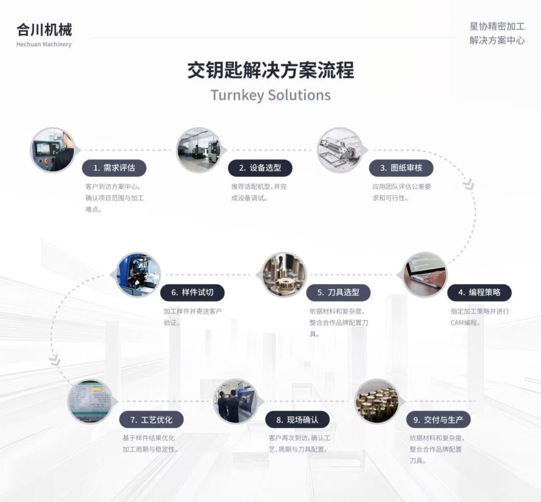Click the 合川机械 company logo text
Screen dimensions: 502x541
tap(44, 30)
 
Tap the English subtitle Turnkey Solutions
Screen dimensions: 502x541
tap(270, 95)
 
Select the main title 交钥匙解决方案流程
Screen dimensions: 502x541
tap(270, 70)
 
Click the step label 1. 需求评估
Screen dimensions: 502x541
tap(114, 168)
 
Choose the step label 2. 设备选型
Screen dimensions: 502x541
tap(260, 168)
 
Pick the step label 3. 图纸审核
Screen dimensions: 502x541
tap(401, 168)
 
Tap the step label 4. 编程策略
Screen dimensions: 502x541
tap(479, 292)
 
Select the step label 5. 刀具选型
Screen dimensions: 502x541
tap(338, 292)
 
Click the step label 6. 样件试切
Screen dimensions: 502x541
tap(192, 292)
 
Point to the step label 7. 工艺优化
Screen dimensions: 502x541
tap(151, 420)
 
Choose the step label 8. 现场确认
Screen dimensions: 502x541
tap(297, 420)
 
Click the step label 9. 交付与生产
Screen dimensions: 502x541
tap(438, 420)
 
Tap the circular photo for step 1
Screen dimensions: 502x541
tap(52, 150)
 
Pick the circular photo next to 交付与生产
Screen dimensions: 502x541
tap(376, 401)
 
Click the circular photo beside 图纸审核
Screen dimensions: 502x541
tap(339, 150)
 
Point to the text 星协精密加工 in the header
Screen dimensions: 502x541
tap(497, 26)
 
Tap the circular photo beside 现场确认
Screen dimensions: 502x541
tap(236, 401)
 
